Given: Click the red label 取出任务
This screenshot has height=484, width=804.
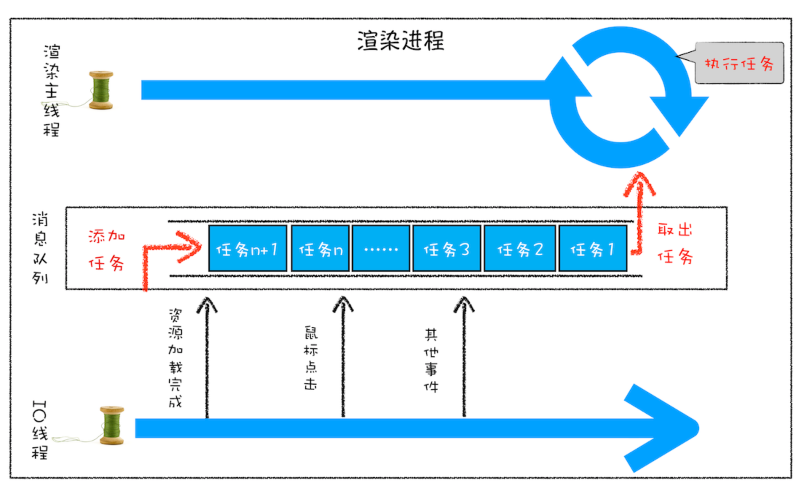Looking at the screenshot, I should (675, 243).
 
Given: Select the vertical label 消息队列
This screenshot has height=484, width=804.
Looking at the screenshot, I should (40, 248).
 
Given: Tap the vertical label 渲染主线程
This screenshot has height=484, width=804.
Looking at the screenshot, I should (51, 90).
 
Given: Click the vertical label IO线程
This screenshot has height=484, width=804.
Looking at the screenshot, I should (40, 430).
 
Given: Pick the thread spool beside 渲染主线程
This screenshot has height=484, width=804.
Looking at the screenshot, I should (101, 90).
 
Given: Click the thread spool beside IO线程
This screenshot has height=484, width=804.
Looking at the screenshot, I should (112, 425).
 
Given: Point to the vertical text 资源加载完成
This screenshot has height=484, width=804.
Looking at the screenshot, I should (176, 358).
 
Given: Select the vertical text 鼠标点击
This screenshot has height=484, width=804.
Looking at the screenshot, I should (311, 358).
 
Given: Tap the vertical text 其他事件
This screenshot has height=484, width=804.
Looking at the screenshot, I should (431, 360).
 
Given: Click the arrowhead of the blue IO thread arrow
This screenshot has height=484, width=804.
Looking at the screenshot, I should (666, 428).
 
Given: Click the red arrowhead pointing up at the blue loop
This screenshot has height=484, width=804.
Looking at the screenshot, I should (639, 184).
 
